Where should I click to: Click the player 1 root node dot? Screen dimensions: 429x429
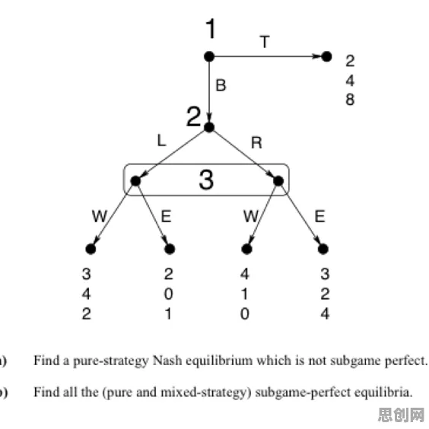pos(209,56)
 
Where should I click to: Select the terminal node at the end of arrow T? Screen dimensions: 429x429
pos(326,56)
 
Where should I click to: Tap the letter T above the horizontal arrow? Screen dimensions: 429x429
pos(265,42)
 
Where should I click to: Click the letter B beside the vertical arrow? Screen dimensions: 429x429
pos(221,85)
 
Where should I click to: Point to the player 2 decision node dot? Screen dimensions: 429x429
pos(209,128)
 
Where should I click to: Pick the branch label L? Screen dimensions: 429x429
pos(161,141)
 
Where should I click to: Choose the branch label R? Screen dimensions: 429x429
pos(256,143)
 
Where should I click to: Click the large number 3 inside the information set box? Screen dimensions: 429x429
pos(206,180)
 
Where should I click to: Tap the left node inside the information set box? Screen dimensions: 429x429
pos(135,181)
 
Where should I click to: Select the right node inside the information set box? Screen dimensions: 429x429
pos(278,181)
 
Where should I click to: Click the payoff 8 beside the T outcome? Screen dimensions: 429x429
pos(350,100)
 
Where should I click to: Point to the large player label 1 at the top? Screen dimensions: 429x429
pos(211,29)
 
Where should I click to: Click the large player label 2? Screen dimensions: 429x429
pos(193,116)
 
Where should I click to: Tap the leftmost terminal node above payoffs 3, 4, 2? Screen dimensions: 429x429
pos(91,249)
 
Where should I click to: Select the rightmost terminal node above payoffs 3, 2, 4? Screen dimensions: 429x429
pos(323,249)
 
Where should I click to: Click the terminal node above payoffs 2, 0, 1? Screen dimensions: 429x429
pos(170,249)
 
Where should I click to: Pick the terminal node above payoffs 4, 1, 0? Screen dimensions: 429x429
pos(246,249)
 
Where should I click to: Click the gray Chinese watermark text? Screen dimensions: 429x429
pos(401,415)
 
